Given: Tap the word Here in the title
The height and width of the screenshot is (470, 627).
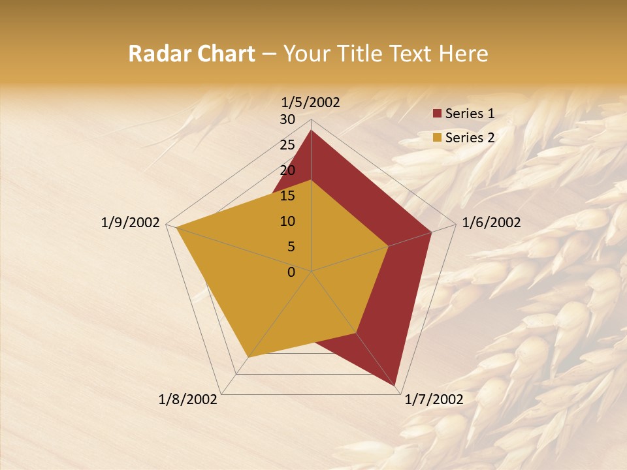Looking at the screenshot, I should pos(464,54).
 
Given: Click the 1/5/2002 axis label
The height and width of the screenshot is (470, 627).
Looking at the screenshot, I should pos(311,102).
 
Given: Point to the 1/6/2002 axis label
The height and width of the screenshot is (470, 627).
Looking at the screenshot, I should pos(491,223).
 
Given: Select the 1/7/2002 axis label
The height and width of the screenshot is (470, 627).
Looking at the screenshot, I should pos(434,399).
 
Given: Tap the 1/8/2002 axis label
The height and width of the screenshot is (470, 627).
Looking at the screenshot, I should pos(188,399).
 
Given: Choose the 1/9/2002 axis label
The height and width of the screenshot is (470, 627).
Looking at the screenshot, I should pos(131,223).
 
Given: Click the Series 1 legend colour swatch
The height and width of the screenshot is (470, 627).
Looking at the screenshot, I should pos(437,114).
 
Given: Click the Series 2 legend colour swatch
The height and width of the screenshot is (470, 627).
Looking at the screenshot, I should pos(437,138).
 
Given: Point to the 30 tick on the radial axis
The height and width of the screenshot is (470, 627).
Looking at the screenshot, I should pos(287,119).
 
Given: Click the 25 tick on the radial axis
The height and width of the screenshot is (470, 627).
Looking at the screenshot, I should pos(287,145).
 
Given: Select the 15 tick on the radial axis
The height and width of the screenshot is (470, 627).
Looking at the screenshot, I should pos(287,196).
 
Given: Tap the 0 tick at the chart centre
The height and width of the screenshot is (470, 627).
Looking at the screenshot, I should pos(291,272).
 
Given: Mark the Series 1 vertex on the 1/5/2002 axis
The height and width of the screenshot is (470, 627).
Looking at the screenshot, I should pos(311,130).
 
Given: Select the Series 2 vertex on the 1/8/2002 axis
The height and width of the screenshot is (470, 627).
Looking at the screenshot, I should pos(248,357).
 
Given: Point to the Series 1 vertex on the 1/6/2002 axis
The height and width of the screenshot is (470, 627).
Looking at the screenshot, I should pos(431,232).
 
